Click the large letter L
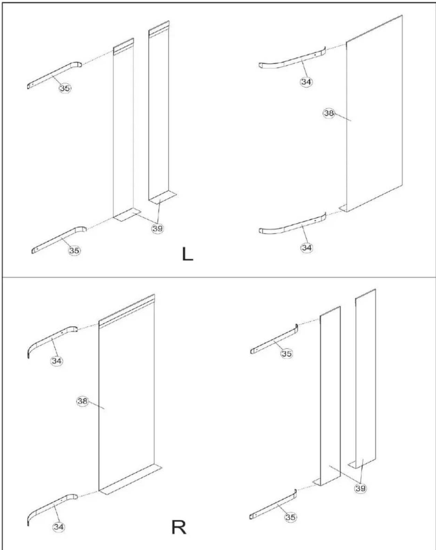pos(187,254)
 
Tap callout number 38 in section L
pos(329,113)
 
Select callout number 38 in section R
pos(82,401)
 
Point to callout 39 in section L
pos(158,228)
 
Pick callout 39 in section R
pos(360,488)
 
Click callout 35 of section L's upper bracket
pos(65,88)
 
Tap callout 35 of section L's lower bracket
pos(74,251)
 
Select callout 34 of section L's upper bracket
pos(306,82)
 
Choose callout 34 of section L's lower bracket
pos(307,247)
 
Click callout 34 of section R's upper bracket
pos(57,361)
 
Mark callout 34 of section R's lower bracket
pos(59,527)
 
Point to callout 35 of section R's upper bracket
pos(286,354)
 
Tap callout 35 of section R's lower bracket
pos(290,517)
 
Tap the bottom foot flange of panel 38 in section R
pos(131,479)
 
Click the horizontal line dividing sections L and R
pos(218,277)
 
